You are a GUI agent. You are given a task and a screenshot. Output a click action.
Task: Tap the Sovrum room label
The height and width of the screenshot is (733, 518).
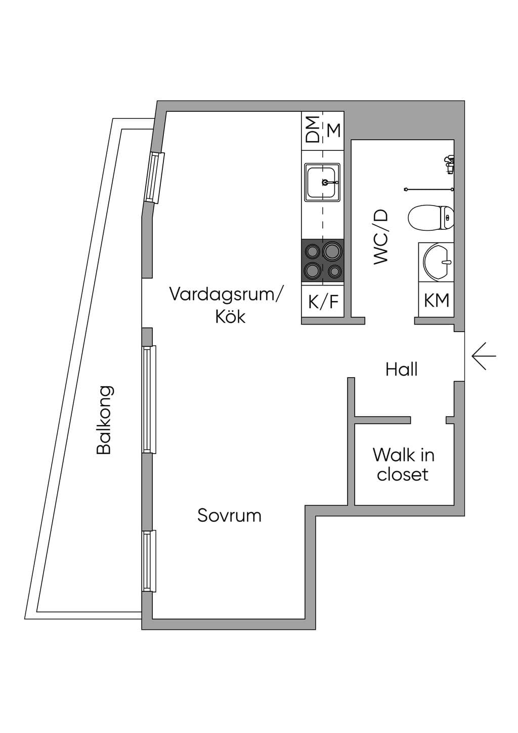coord(229,515)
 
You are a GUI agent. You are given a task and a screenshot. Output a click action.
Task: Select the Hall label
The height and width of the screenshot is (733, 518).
coord(402,370)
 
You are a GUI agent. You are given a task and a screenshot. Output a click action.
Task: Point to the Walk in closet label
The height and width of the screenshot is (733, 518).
coord(403,465)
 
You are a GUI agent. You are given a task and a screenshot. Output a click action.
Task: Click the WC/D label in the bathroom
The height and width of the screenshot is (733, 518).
coord(380,236)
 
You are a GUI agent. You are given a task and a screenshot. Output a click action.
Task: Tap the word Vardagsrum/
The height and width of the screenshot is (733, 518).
coord(225,294)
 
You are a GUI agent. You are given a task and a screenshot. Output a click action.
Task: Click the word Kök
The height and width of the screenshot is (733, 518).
coord(230,316)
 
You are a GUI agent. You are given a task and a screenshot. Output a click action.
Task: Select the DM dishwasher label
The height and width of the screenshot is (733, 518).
coord(312,129)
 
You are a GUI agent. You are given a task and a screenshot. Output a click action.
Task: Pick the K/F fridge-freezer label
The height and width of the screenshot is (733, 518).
coord(323,301)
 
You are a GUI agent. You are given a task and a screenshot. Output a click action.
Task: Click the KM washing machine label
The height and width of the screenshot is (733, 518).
coord(437,300)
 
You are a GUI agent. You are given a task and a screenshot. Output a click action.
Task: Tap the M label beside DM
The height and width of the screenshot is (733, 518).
coord(334,131)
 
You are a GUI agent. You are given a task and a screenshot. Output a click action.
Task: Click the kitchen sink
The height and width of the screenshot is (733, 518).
coord(322,182)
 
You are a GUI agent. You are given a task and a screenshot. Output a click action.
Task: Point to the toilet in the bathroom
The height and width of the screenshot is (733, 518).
coord(431,217)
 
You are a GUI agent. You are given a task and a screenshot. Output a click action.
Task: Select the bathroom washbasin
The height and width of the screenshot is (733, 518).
coord(437,261)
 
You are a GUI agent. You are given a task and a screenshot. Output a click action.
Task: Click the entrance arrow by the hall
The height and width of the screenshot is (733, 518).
coord(484,356)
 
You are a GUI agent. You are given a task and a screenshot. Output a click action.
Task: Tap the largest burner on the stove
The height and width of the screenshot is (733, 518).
coord(332,251)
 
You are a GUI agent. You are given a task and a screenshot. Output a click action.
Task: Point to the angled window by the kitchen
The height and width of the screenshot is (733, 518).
coord(155,178)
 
